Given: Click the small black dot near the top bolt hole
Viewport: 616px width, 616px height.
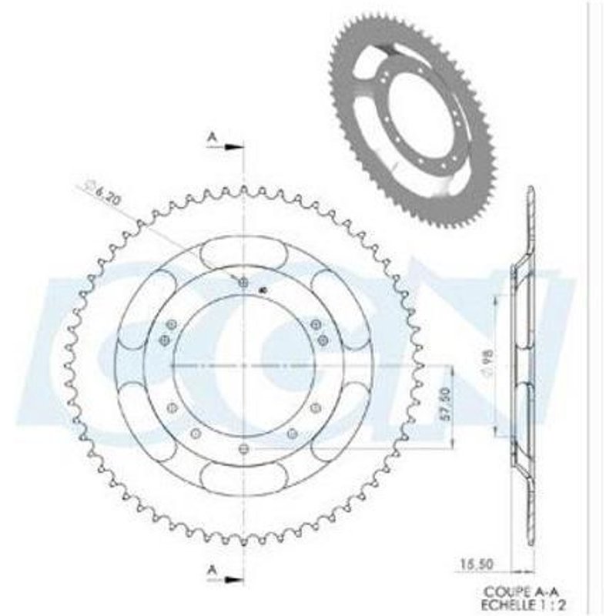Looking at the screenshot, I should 263,290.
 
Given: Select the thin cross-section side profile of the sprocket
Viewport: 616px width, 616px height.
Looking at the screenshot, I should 528,362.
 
